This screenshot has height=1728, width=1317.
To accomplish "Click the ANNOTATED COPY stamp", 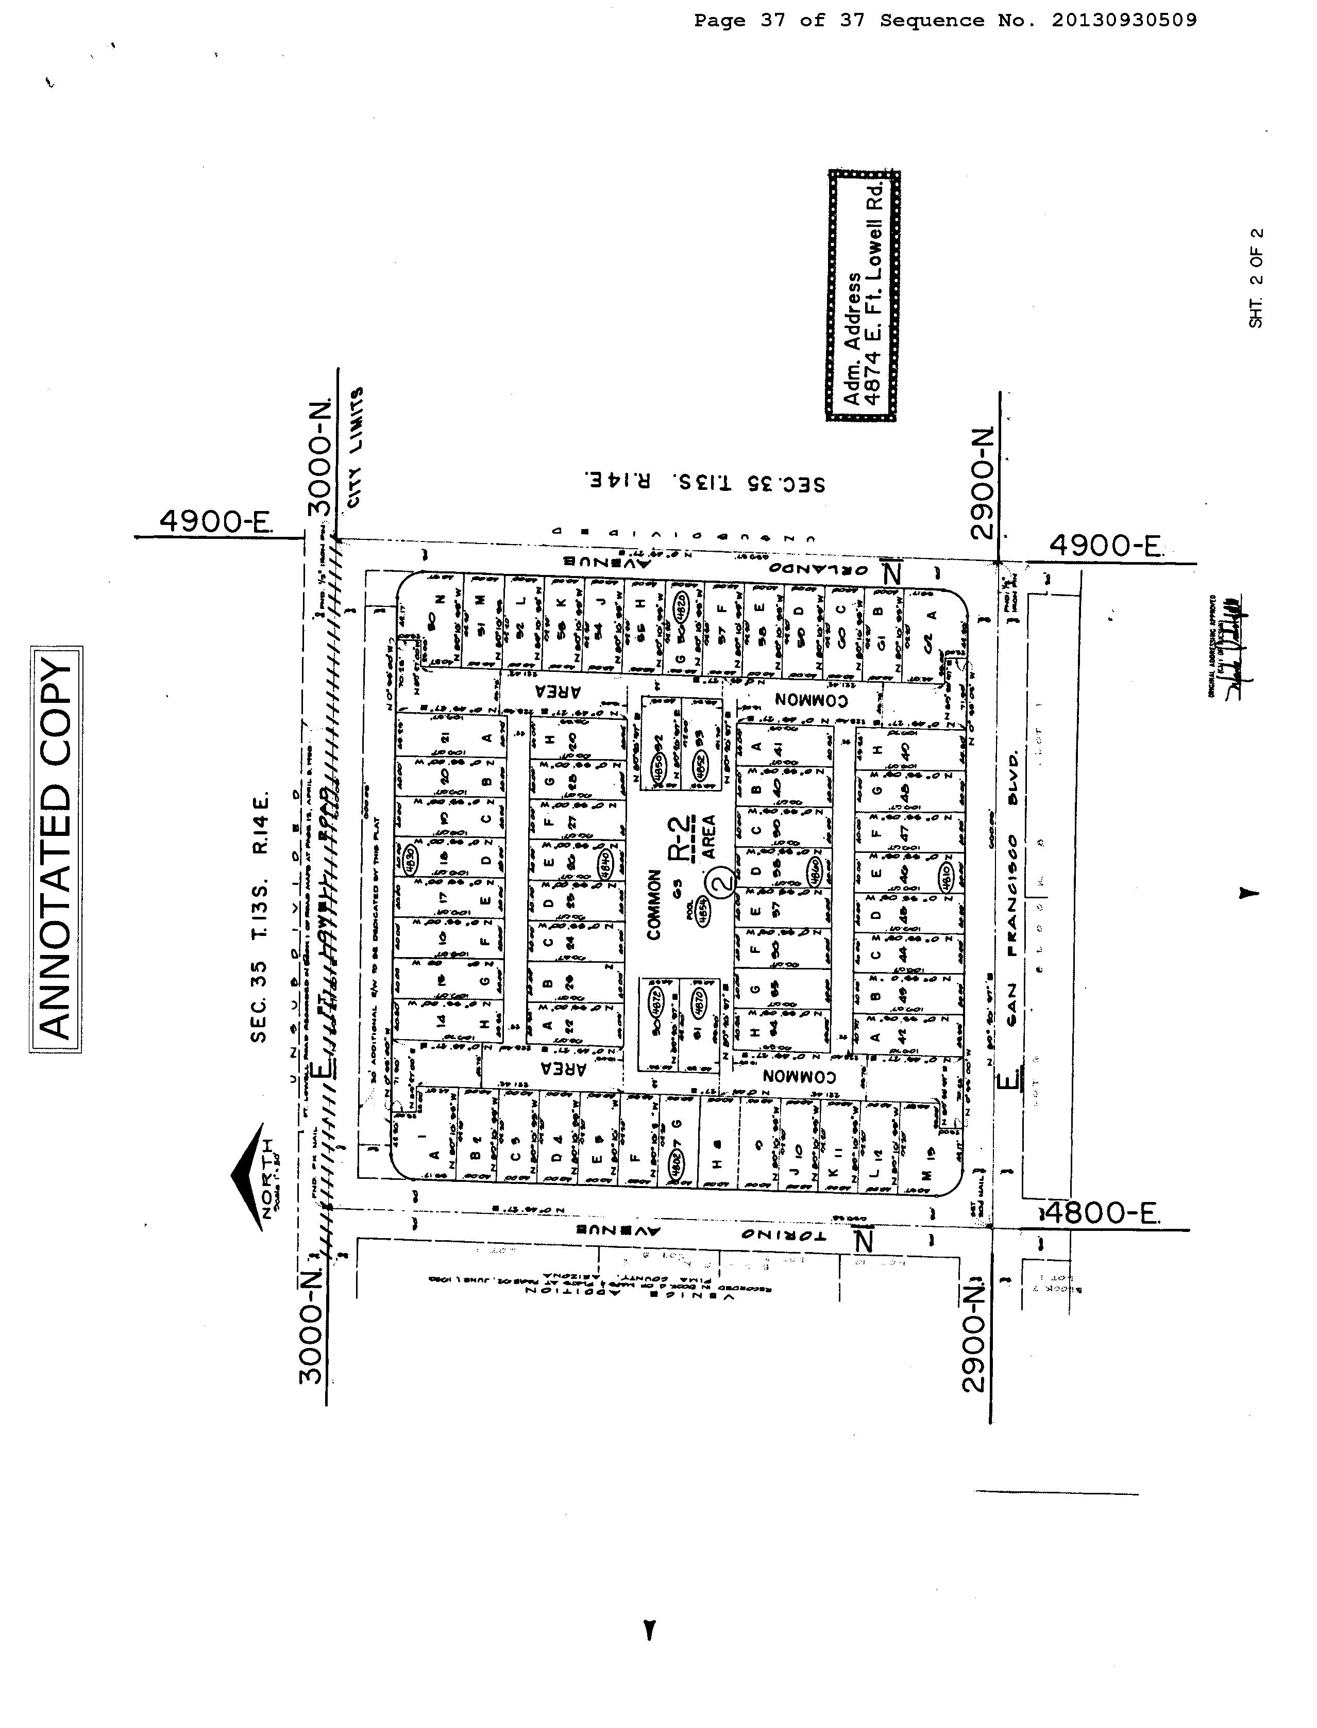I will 56,849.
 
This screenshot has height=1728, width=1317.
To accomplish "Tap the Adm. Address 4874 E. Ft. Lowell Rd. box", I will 863,295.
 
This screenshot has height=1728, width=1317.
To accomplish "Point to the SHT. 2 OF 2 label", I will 1257,277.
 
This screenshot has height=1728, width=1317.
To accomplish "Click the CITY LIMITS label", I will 358,447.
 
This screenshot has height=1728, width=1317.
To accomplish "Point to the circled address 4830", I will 407,852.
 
